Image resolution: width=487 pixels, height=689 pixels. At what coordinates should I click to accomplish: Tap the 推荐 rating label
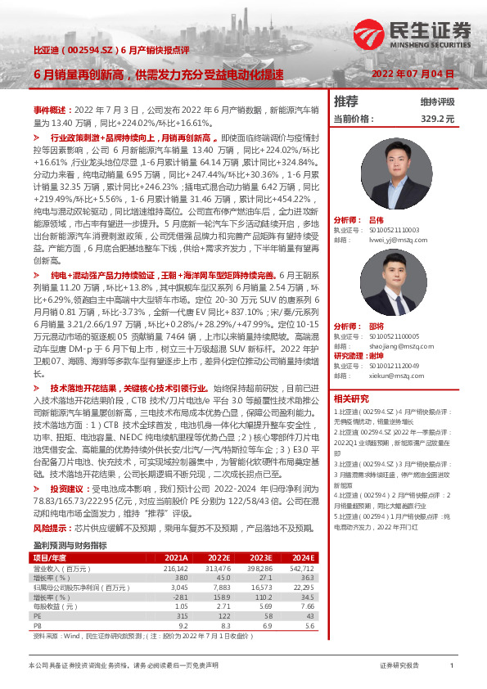346,101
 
